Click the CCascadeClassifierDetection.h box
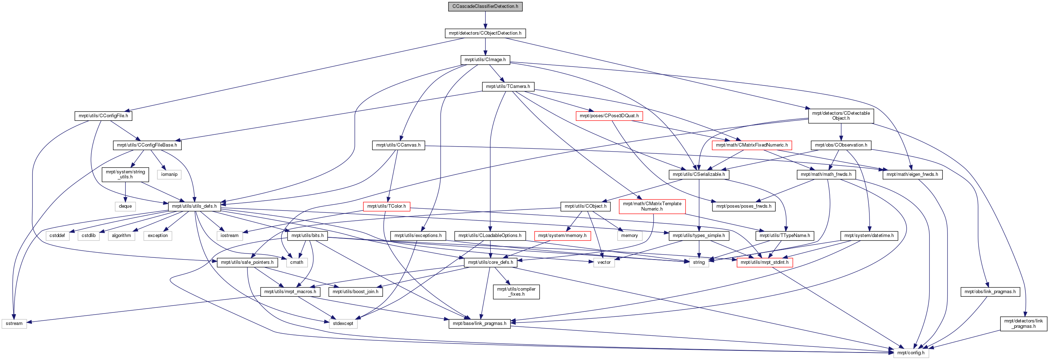pyautogui.click(x=485, y=6)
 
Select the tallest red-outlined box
pyautogui.click(x=652, y=207)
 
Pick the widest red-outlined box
pyautogui.click(x=752, y=146)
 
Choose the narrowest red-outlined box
pyautogui.click(x=387, y=207)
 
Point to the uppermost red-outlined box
pyautogui.click(x=609, y=116)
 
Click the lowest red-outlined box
pyautogui.click(x=765, y=263)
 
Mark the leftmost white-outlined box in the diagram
pyautogui.click(x=14, y=324)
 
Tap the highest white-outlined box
pyautogui.click(x=170, y=175)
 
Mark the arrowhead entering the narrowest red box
pyautogui.click(x=389, y=199)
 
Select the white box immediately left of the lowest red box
pyautogui.click(x=699, y=263)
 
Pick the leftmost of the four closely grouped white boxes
pyautogui.click(x=58, y=236)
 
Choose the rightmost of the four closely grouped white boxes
pyautogui.click(x=158, y=236)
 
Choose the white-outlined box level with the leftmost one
pyautogui.click(x=343, y=324)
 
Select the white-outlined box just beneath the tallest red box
pyautogui.click(x=629, y=236)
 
